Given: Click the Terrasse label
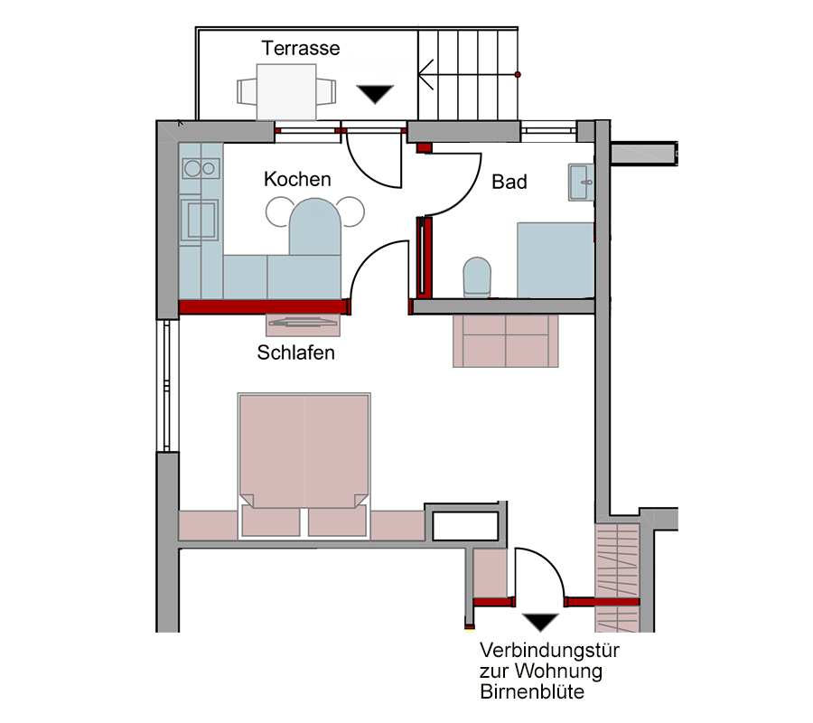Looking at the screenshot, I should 301,48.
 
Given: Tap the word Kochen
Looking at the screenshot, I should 297,180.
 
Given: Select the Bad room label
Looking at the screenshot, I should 509,182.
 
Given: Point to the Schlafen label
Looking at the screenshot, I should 295,352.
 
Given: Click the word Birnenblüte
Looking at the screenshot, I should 532,693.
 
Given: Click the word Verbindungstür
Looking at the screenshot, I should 549,651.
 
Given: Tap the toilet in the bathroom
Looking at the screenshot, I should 476,277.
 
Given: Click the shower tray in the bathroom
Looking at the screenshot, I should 555,260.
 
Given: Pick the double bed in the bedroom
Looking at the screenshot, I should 304,452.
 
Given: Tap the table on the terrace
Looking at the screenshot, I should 286,91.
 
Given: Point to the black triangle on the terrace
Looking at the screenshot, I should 375,94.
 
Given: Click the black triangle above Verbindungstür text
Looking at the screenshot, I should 541,622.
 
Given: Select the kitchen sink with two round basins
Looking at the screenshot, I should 200,168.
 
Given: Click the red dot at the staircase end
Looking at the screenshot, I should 518,73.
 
